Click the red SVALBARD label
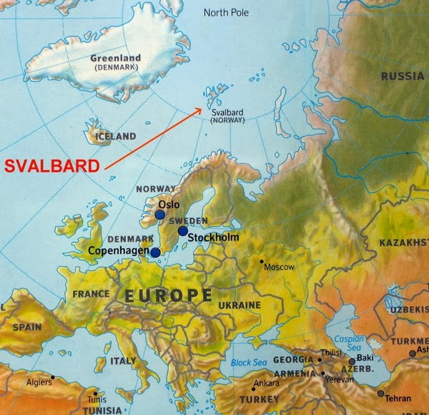(51, 166)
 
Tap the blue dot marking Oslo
(159, 214)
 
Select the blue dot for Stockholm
(183, 230)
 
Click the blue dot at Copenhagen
(155, 252)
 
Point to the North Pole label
(227, 12)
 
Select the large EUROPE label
(168, 295)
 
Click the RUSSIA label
(402, 76)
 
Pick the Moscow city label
(280, 267)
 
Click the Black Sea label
(248, 363)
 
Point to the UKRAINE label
(240, 305)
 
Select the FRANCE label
(91, 293)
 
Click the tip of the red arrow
(203, 108)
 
